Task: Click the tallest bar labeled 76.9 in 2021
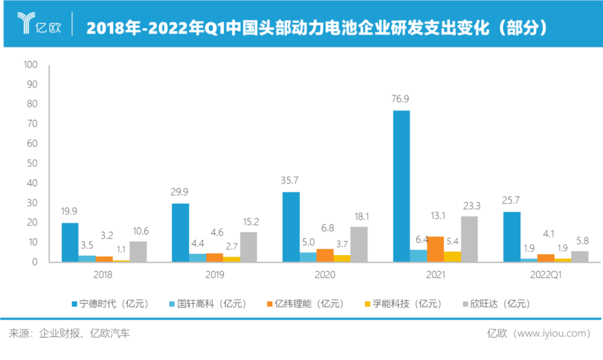click(x=401, y=186)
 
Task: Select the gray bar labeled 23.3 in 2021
click(x=469, y=239)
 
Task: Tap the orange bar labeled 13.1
click(x=435, y=248)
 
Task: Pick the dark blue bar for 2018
click(x=70, y=242)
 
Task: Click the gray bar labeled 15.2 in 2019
click(x=248, y=247)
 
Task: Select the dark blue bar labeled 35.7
click(x=291, y=227)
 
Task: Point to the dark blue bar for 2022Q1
click(x=512, y=236)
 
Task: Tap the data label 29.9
click(x=180, y=192)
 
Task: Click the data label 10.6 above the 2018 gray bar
click(x=138, y=230)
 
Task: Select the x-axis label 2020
click(x=325, y=274)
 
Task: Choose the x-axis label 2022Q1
click(x=546, y=274)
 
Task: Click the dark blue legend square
click(x=74, y=304)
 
